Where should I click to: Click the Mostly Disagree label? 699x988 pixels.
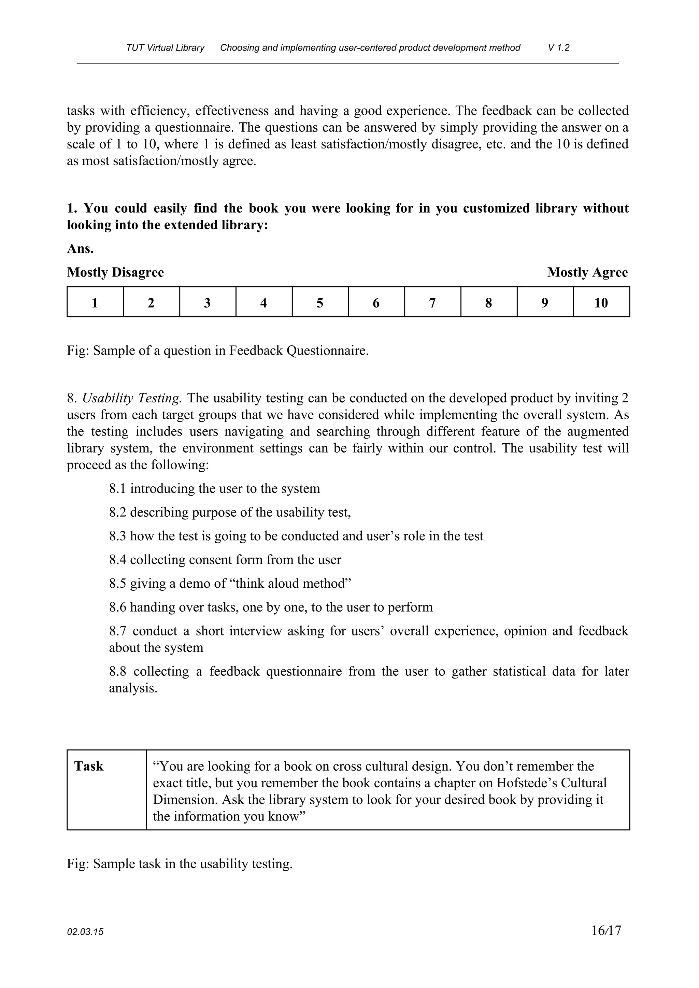[115, 272]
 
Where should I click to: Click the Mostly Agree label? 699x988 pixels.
[587, 272]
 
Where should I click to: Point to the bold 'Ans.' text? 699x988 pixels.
[80, 249]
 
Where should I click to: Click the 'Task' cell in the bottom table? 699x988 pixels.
[89, 767]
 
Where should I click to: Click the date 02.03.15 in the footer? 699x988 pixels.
[85, 932]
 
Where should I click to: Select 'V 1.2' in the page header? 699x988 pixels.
[559, 48]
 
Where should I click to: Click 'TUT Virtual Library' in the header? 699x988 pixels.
[165, 48]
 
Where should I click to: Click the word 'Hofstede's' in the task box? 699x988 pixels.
[526, 783]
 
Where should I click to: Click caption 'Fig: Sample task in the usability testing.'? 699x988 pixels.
[180, 864]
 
